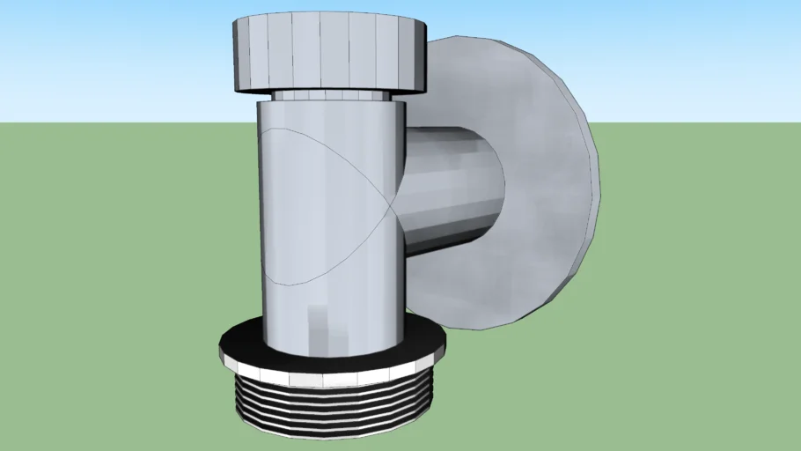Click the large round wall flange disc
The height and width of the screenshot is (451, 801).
pyautogui.click(x=537, y=176)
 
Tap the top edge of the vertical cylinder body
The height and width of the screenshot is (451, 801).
pyautogui.click(x=332, y=102)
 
